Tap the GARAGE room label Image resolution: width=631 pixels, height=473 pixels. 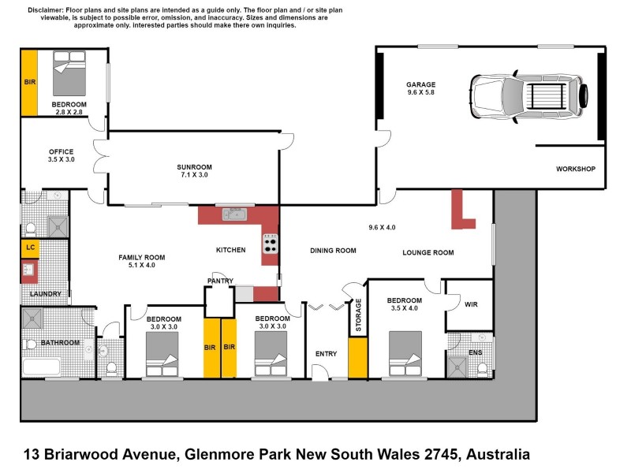click(x=420, y=84)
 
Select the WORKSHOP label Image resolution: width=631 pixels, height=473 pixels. click(x=575, y=169)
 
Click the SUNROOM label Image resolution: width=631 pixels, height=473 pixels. click(x=193, y=167)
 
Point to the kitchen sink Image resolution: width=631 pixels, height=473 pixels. click(x=235, y=214)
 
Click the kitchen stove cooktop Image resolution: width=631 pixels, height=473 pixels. click(x=271, y=244)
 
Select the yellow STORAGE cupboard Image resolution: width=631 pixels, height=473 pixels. click(x=358, y=359)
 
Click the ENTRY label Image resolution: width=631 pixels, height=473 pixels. click(x=326, y=354)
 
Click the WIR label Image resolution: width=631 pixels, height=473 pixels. click(x=472, y=304)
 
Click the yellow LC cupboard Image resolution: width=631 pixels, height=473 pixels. click(x=30, y=248)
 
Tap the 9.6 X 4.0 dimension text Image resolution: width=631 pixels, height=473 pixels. click(x=382, y=228)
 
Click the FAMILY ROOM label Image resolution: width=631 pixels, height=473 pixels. click(x=141, y=258)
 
